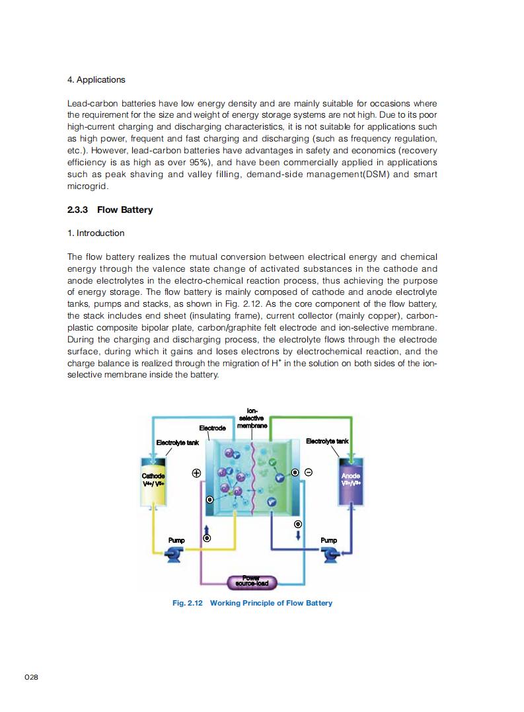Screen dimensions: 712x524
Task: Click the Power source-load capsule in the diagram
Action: point(251,582)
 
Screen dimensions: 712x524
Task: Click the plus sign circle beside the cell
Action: point(196,473)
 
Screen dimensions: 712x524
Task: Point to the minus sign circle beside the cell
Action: point(308,472)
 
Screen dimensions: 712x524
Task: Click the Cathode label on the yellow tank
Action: point(153,476)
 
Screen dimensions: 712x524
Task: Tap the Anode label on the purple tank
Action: point(351,476)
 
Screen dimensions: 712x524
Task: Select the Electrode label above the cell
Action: point(212,428)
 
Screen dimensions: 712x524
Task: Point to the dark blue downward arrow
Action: point(298,535)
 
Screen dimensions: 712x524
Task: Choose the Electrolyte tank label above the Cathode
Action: point(177,442)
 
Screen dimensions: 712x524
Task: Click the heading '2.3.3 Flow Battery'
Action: point(110,210)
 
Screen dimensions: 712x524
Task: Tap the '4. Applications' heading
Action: point(96,80)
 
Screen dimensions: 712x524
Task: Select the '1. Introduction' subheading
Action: point(96,233)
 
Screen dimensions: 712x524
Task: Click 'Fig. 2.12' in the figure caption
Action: point(187,603)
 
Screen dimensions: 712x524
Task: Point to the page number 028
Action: point(31,678)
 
